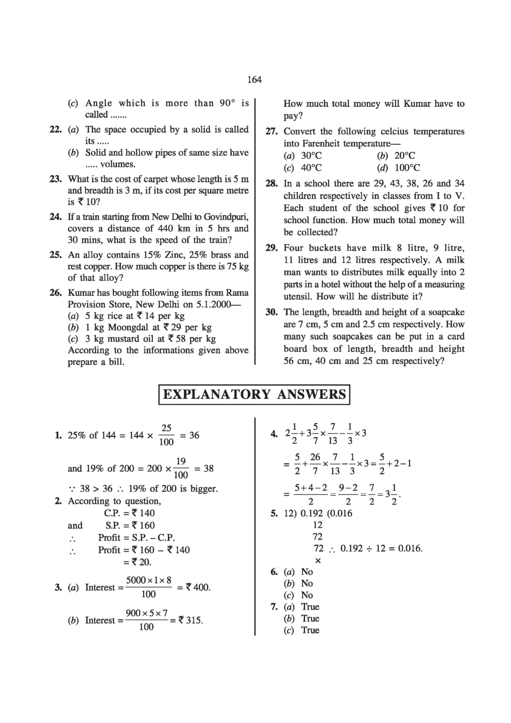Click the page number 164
point(254,79)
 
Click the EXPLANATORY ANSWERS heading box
point(254,395)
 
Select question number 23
point(56,179)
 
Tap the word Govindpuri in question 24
point(226,216)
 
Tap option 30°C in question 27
point(312,156)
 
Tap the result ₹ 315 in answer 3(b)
point(190,620)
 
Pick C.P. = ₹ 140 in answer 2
point(129,513)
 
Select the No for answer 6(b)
point(307,584)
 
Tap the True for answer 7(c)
point(310,630)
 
